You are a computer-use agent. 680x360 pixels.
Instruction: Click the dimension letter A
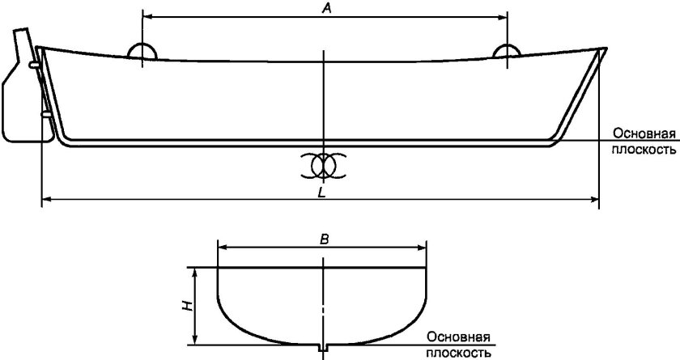point(325,8)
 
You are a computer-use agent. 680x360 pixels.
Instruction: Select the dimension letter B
point(323,239)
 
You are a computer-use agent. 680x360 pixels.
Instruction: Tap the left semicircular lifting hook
point(142,51)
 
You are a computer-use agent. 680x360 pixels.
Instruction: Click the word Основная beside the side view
point(644,133)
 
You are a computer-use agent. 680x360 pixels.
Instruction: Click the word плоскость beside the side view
point(644,149)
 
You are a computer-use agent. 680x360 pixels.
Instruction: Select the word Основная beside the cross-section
point(460,337)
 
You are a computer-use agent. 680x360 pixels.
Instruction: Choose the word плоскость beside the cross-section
point(459,353)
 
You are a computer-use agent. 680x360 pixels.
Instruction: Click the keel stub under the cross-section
point(323,348)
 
